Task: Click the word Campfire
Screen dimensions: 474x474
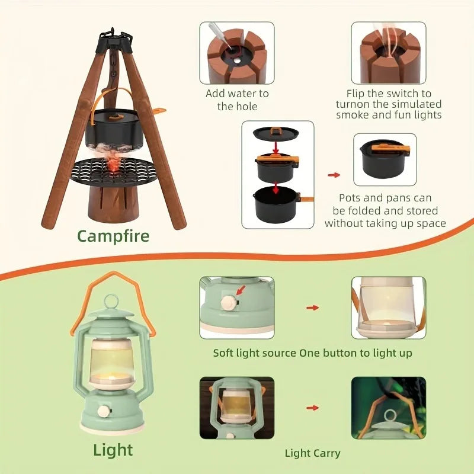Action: [x=113, y=236]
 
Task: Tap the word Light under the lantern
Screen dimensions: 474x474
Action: [x=113, y=450]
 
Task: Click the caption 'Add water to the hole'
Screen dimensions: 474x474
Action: [x=237, y=100]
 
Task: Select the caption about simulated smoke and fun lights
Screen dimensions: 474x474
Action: [x=389, y=104]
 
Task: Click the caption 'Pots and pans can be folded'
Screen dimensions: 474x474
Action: [x=385, y=210]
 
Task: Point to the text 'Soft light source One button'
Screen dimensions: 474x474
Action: [x=312, y=353]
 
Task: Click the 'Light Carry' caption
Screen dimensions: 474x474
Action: [x=312, y=453]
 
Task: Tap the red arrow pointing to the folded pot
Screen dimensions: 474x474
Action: [x=334, y=175]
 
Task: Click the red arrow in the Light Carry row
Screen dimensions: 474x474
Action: [x=312, y=408]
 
